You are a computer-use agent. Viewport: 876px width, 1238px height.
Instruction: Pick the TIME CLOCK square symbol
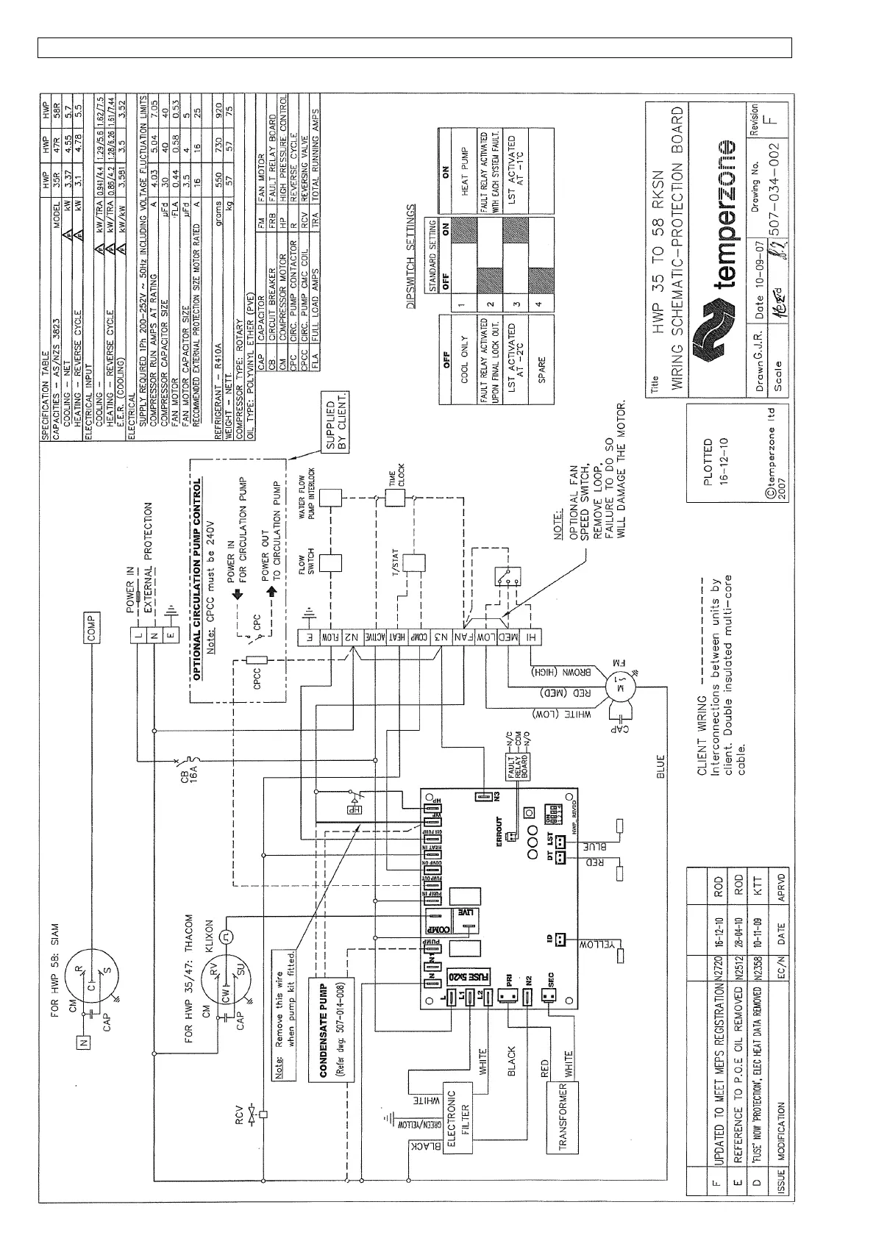point(396,498)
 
